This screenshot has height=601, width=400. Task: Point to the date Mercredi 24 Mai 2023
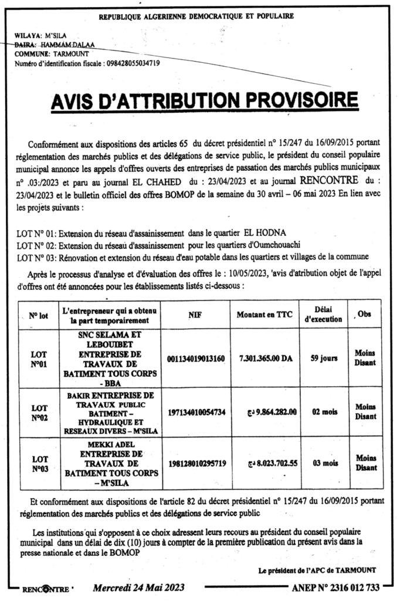[139, 588]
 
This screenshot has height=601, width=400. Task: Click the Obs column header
[365, 315]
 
